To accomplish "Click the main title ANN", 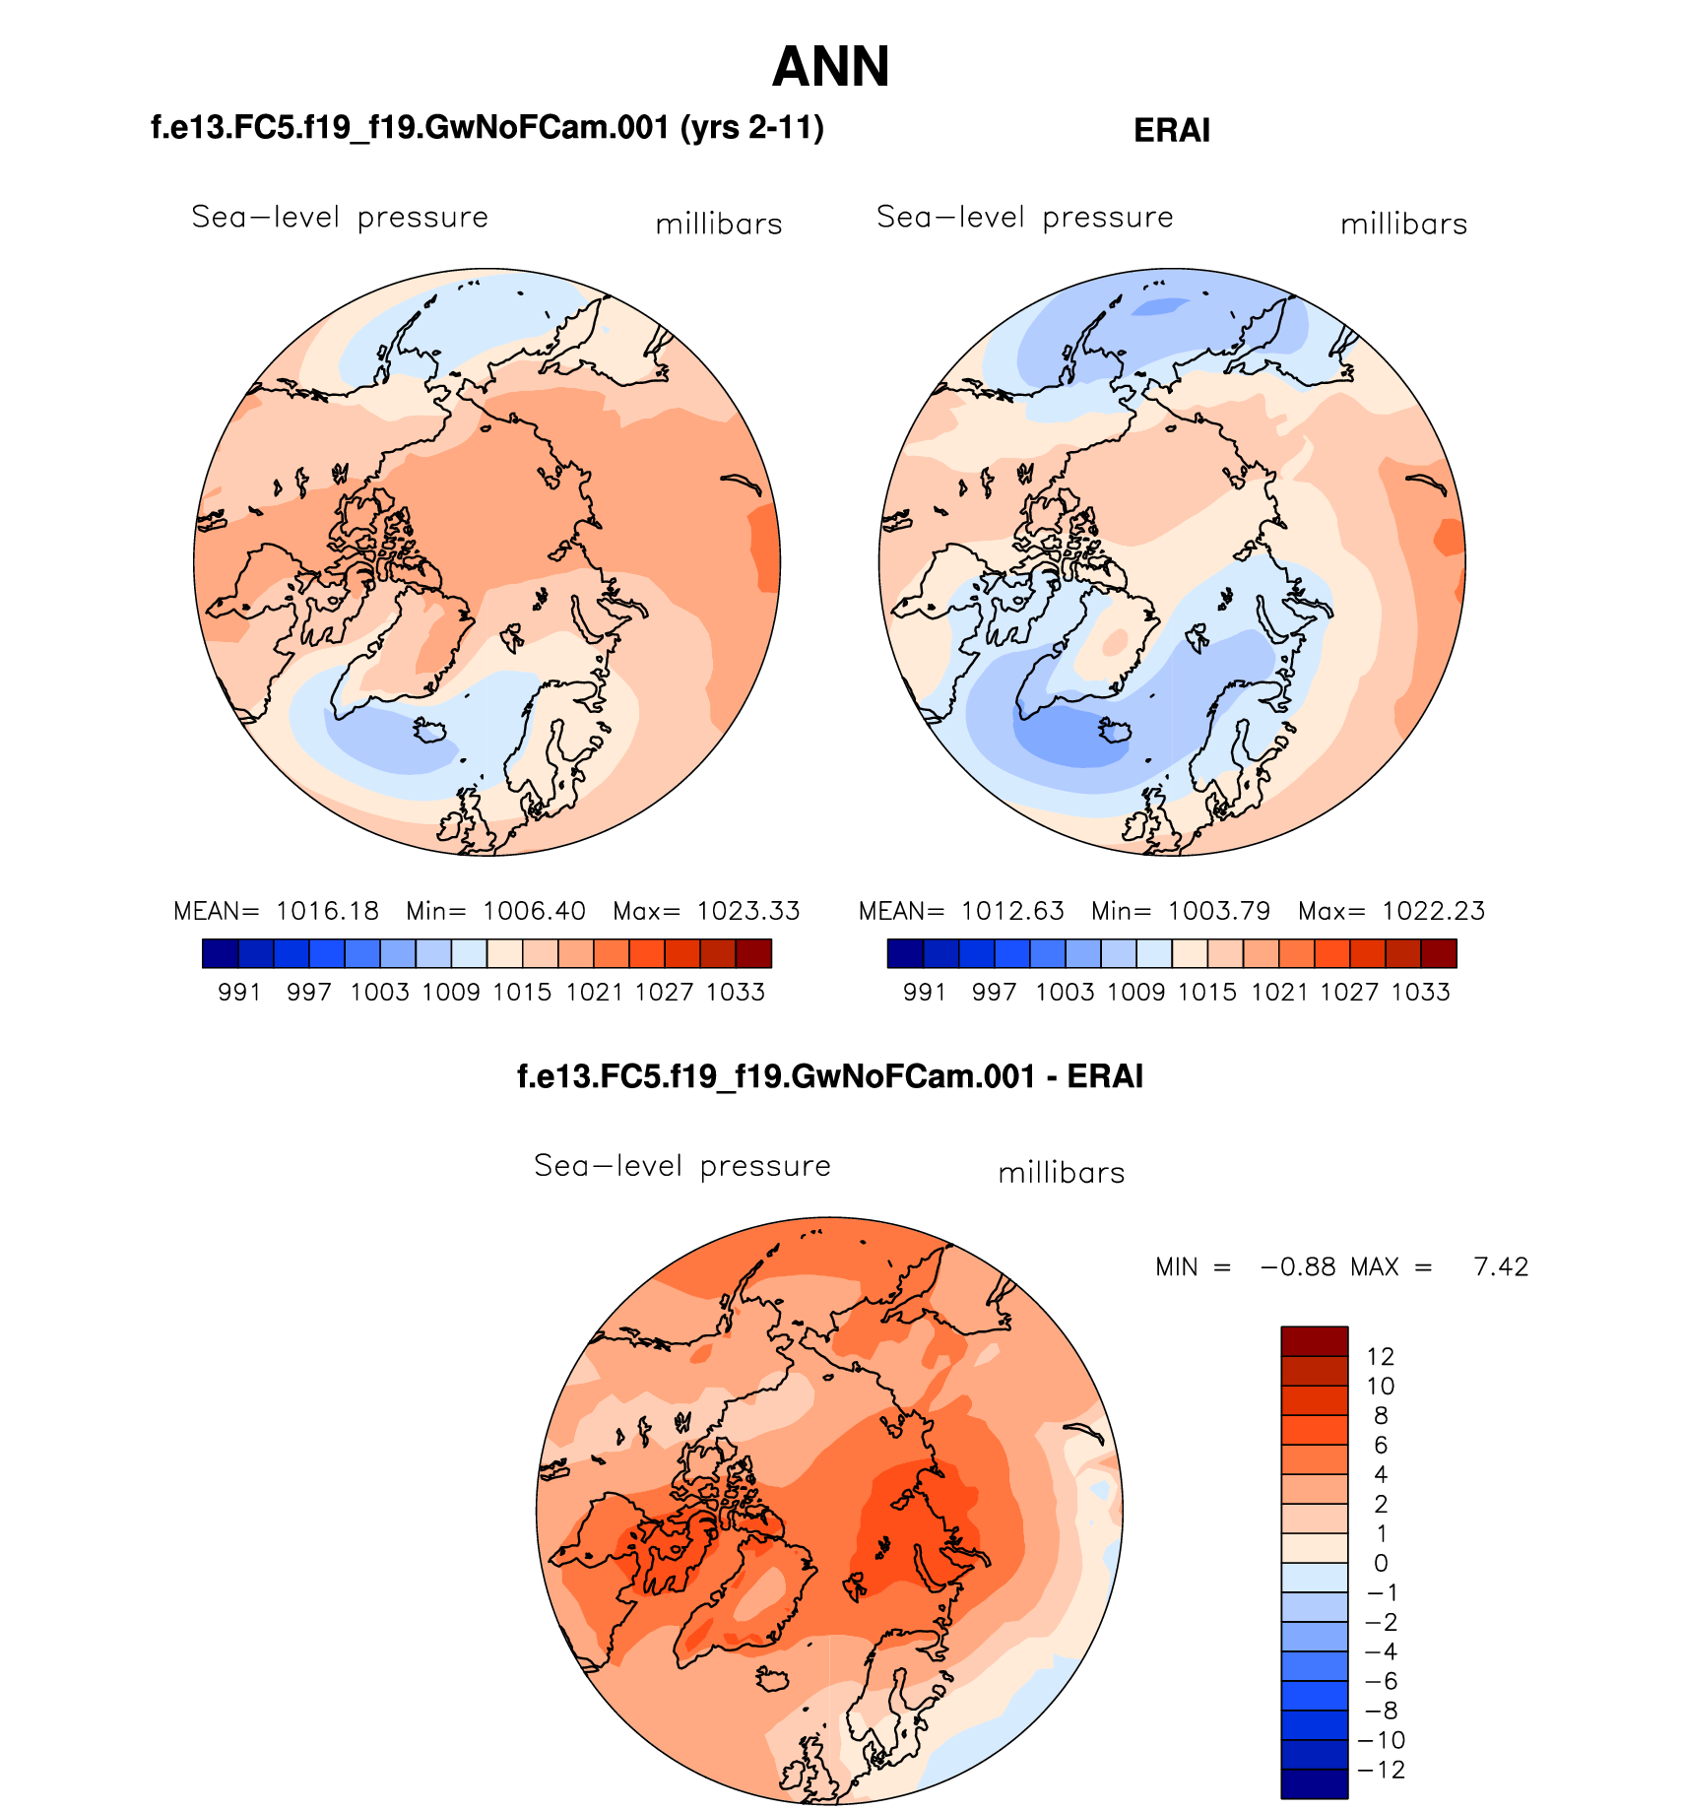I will pyautogui.click(x=830, y=67).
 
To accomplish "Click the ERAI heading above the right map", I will pyautogui.click(x=1171, y=130).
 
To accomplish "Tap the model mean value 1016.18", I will pyautogui.click(x=327, y=911).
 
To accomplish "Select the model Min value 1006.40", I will pyautogui.click(x=534, y=911).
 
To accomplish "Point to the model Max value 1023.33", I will pyautogui.click(x=748, y=911).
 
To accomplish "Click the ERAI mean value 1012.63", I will pyautogui.click(x=1012, y=911).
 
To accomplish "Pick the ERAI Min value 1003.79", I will pyautogui.click(x=1219, y=911).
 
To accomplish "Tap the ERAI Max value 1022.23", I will pyautogui.click(x=1433, y=911).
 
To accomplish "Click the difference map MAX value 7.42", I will pyautogui.click(x=1501, y=1266).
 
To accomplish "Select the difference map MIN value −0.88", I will pyautogui.click(x=1298, y=1266).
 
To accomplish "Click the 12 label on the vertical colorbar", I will pyautogui.click(x=1381, y=1357).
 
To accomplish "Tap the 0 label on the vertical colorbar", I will pyautogui.click(x=1381, y=1563).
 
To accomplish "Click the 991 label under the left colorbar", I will pyautogui.click(x=238, y=993).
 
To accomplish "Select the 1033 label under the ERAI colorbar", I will pyautogui.click(x=1420, y=993).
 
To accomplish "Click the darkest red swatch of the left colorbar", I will pyautogui.click(x=753, y=953).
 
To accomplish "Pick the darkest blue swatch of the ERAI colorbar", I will pyautogui.click(x=905, y=953).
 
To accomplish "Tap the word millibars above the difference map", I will pyautogui.click(x=1061, y=1173).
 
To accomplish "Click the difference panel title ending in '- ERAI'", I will pyautogui.click(x=830, y=1076).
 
